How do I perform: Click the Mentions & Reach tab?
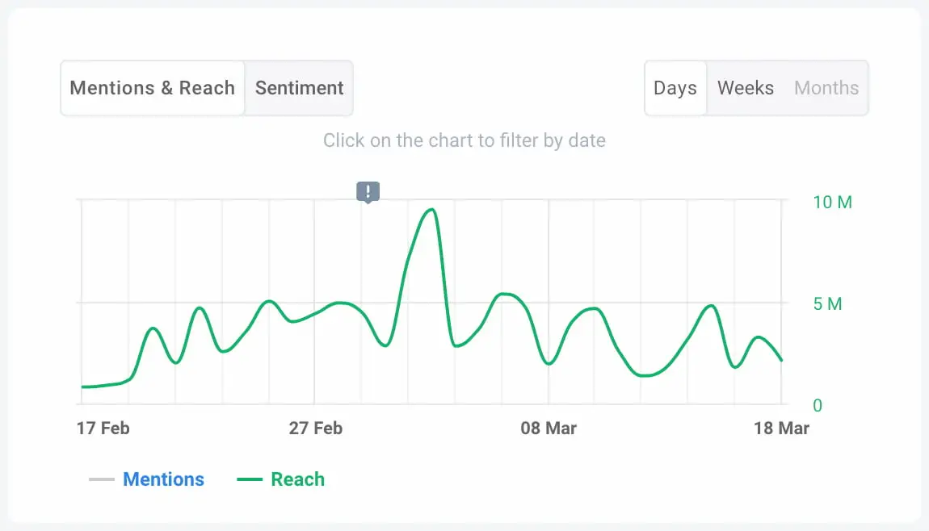[x=152, y=88]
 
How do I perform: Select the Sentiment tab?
[x=299, y=88]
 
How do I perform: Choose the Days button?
[x=675, y=88]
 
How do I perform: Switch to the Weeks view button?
[x=746, y=88]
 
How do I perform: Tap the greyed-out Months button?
[x=826, y=88]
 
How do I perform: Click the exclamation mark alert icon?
[x=368, y=191]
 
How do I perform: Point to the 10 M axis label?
[x=832, y=202]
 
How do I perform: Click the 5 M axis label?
[x=827, y=304]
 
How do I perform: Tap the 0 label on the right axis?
[x=817, y=406]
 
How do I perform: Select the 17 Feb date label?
[x=103, y=428]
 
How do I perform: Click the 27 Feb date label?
[x=315, y=428]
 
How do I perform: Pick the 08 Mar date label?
[x=549, y=428]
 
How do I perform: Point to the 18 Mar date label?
[x=781, y=428]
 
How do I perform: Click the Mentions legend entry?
[x=163, y=479]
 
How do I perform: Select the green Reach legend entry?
[x=297, y=479]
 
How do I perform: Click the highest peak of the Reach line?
[x=431, y=210]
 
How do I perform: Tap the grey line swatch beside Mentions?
[x=102, y=479]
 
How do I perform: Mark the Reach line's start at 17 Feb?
[x=83, y=387]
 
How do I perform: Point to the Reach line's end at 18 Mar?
[x=781, y=360]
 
